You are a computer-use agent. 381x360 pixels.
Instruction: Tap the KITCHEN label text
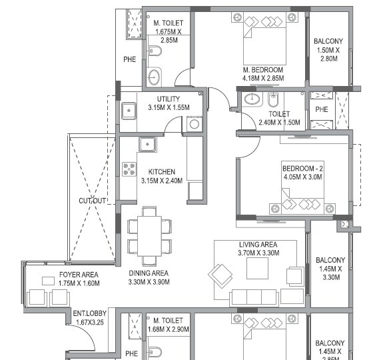pyautogui.click(x=161, y=171)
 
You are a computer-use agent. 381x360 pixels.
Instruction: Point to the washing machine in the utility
pyautogui.click(x=194, y=124)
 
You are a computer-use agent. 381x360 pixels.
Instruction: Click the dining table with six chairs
pyautogui.click(x=150, y=235)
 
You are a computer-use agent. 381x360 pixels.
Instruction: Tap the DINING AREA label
pyautogui.click(x=149, y=273)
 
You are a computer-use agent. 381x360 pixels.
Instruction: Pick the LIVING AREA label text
pyautogui.click(x=258, y=245)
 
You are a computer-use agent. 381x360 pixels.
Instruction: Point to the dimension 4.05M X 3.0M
pyautogui.click(x=302, y=178)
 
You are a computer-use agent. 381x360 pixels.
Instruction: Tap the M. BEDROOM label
pyautogui.click(x=263, y=70)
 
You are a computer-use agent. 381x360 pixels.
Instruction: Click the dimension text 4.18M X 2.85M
pyautogui.click(x=263, y=79)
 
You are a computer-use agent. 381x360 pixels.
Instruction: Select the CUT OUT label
pyautogui.click(x=92, y=201)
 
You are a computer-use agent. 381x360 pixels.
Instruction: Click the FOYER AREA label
pyautogui.click(x=79, y=274)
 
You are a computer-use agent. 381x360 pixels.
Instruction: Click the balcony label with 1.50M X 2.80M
pyautogui.click(x=328, y=50)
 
